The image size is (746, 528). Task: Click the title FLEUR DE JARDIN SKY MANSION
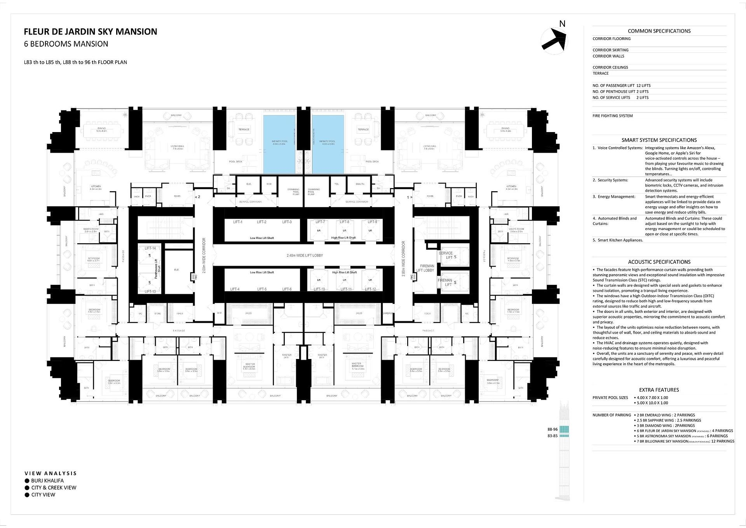coord(91,32)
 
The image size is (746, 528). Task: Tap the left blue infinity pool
coord(279,144)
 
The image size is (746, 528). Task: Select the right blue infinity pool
coord(328,144)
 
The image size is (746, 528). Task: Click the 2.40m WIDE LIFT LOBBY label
coord(305,256)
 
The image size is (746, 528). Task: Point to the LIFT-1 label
coord(238,222)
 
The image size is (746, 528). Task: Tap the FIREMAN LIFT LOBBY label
coord(425,268)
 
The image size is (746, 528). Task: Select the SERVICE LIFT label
coord(446,255)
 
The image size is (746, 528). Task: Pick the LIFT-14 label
coord(150,248)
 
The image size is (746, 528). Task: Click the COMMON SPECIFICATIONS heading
coord(659,31)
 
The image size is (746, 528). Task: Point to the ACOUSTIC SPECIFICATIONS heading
coord(659,262)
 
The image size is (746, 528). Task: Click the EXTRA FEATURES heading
coord(659,390)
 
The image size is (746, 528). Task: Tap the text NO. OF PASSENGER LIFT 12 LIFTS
coord(621,85)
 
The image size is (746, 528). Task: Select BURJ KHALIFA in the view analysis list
coord(47,481)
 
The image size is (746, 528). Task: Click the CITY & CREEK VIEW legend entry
coord(54,488)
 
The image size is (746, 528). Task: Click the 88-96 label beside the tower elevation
coord(552,429)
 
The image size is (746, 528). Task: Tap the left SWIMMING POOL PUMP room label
coord(293,192)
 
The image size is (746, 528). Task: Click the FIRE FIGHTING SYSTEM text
coord(612,116)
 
